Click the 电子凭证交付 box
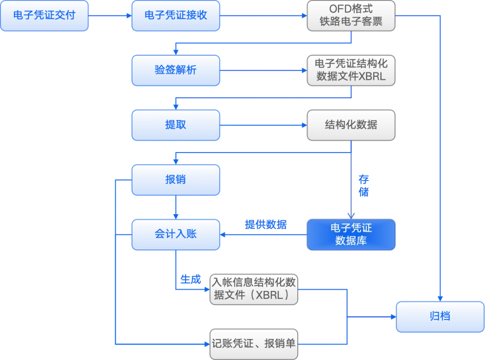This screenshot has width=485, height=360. click(x=44, y=16)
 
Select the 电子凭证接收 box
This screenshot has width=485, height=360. click(x=176, y=16)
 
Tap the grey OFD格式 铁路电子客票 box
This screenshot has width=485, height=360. click(x=351, y=16)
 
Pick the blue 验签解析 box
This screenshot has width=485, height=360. click(x=176, y=70)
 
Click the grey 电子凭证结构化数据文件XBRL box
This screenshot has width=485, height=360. click(x=351, y=70)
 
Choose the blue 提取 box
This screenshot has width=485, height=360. click(x=176, y=125)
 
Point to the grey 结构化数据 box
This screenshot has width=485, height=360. click(x=351, y=125)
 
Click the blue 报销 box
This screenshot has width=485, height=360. click(x=176, y=180)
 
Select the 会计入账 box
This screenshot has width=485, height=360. click(x=176, y=234)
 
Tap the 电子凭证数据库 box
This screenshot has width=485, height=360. click(x=351, y=234)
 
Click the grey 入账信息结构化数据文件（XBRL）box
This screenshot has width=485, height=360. click(x=254, y=290)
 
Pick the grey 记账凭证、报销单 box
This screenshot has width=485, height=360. click(x=254, y=344)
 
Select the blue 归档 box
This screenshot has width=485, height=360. click(x=440, y=316)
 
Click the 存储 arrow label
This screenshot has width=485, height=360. click(x=363, y=186)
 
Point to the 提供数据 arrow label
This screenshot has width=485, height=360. click(x=266, y=224)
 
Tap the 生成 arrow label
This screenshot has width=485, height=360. click(x=190, y=279)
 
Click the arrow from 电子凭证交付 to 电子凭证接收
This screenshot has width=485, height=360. click(x=110, y=16)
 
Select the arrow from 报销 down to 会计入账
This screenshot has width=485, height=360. click(x=176, y=207)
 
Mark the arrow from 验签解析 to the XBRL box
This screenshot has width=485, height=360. click(x=263, y=70)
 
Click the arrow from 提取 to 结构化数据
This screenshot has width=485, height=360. click(x=263, y=125)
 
